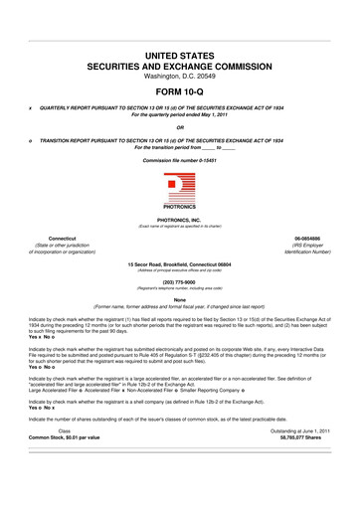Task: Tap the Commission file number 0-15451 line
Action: [180, 160]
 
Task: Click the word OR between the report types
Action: [180, 126]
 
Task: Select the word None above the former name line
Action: [180, 327]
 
